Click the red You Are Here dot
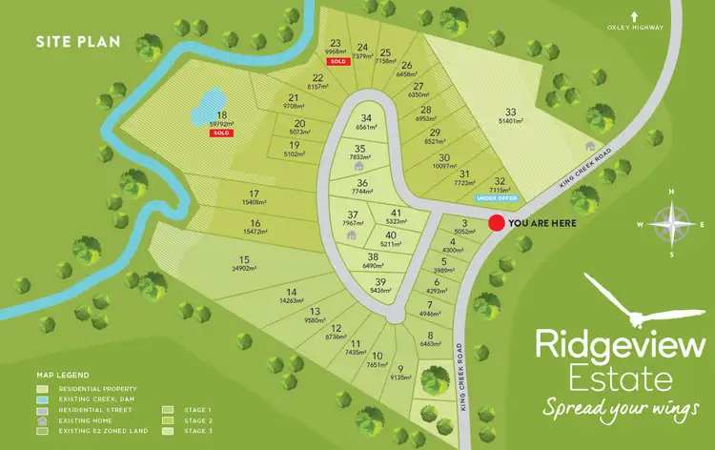pos(496,223)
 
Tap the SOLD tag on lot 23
pos(337,61)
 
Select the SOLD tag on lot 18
pos(222,133)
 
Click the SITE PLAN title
pos(69,42)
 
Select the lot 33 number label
pos(511,112)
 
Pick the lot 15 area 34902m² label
pos(244,269)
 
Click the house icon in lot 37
pos(352,235)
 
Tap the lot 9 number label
pos(400,368)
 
